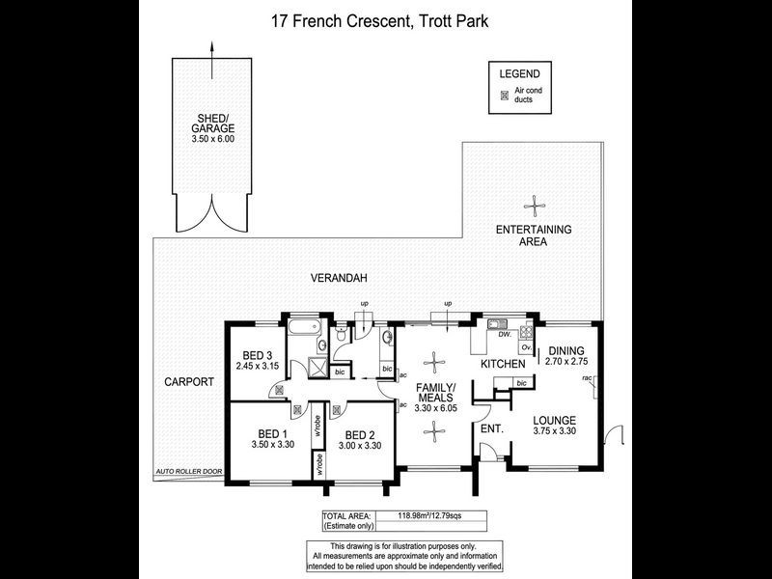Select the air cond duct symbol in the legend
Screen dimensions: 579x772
503,95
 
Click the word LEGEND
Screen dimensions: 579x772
519,74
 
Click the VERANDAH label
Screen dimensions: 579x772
336,278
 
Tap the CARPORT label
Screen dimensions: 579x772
188,382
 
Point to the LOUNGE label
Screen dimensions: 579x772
554,421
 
